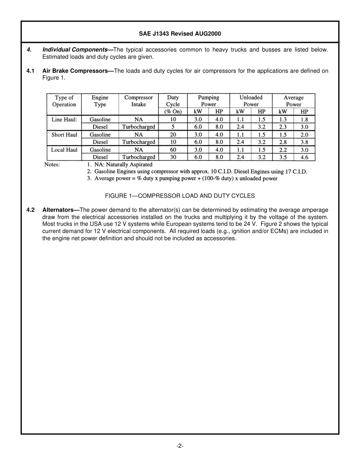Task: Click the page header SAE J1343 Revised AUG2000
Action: pyautogui.click(x=180, y=34)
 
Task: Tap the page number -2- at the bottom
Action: pyautogui.click(x=180, y=446)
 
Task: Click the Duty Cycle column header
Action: pyautogui.click(x=173, y=101)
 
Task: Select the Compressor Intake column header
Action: pyautogui.click(x=138, y=101)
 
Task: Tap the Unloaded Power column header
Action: pyautogui.click(x=250, y=101)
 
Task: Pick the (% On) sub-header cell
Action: pyautogui.click(x=173, y=112)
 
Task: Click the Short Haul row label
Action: pyautogui.click(x=64, y=135)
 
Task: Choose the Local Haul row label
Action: pyautogui.click(x=64, y=150)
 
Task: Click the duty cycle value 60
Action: pyautogui.click(x=173, y=150)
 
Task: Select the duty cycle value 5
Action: pyautogui.click(x=173, y=127)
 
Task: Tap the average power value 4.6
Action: pyautogui.click(x=304, y=157)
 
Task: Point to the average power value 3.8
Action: pyautogui.click(x=304, y=142)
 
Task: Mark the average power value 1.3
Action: pyautogui.click(x=283, y=119)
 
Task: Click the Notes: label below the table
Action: pyautogui.click(x=52, y=165)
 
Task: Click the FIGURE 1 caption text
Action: pyautogui.click(x=180, y=196)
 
